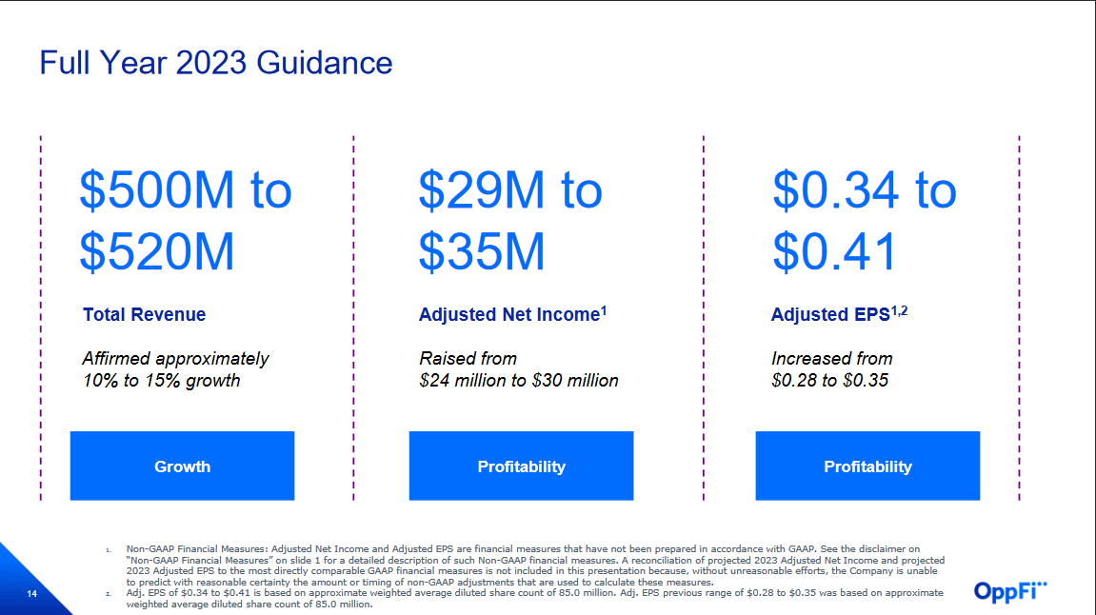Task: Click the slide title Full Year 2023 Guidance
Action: tap(215, 63)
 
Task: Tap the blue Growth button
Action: tap(182, 466)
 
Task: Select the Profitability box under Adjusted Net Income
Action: tap(521, 466)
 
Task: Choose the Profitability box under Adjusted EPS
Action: tap(867, 466)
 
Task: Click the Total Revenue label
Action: tap(144, 315)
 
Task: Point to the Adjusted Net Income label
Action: tap(508, 315)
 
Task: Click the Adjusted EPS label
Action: tap(830, 315)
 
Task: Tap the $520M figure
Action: tap(157, 252)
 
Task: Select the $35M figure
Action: tap(482, 252)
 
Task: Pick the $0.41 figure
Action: tap(835, 252)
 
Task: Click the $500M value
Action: tap(157, 190)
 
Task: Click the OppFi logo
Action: tap(1010, 591)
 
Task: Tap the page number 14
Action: tap(31, 595)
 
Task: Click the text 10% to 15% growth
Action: tap(161, 381)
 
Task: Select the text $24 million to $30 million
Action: tap(519, 381)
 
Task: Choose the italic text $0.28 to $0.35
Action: tap(829, 381)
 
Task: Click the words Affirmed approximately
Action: tap(175, 359)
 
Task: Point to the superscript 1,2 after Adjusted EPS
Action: tap(900, 310)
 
